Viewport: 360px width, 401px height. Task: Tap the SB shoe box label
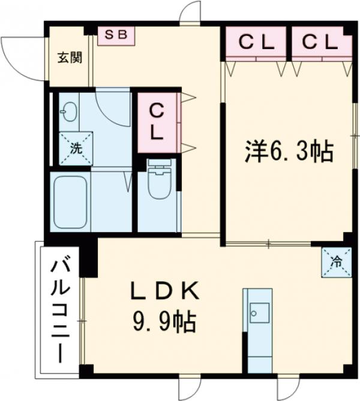coord(117,35)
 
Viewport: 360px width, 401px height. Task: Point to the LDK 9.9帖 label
coord(163,307)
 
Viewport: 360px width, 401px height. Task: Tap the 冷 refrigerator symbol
coord(337,262)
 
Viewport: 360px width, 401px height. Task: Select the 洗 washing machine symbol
coord(76,148)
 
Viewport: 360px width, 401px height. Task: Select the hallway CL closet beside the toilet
coord(157,122)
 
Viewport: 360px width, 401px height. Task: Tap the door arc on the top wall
coord(191,12)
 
